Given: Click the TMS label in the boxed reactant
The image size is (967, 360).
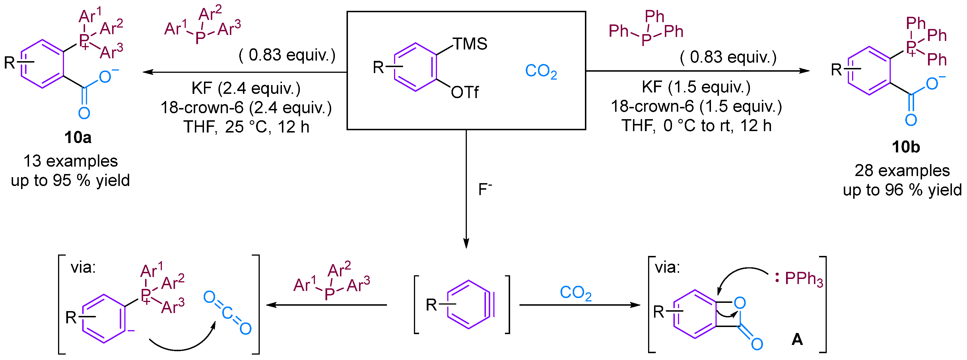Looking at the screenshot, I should pyautogui.click(x=470, y=44).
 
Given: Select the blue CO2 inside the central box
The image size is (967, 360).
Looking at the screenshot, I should pyautogui.click(x=541, y=71).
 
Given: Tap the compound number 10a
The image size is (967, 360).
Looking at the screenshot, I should pyautogui.click(x=78, y=138).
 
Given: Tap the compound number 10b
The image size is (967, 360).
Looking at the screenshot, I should pyautogui.click(x=906, y=147).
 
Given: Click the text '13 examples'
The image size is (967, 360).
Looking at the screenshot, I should pyautogui.click(x=71, y=161).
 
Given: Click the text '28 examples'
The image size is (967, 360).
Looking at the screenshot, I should pyautogui.click(x=902, y=171).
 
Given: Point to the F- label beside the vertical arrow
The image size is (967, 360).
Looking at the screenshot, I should pyautogui.click(x=484, y=190).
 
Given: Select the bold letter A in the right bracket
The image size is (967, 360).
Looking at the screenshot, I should pyautogui.click(x=797, y=340).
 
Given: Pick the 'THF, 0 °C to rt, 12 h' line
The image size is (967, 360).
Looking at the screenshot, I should pyautogui.click(x=696, y=126).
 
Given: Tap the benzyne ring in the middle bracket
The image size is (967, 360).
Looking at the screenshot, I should pyautogui.click(x=469, y=305).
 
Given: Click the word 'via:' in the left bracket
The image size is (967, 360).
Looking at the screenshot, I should pyautogui.click(x=83, y=268).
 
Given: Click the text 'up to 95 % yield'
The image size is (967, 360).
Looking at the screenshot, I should pyautogui.click(x=70, y=181).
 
